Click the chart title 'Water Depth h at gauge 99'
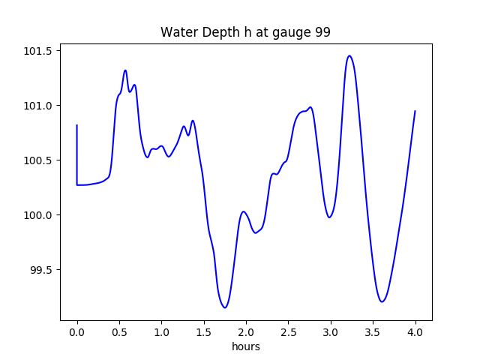[245, 33]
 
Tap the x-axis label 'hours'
[246, 347]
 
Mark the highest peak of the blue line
[349, 55]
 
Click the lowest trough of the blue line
[224, 307]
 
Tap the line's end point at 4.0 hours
[415, 111]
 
